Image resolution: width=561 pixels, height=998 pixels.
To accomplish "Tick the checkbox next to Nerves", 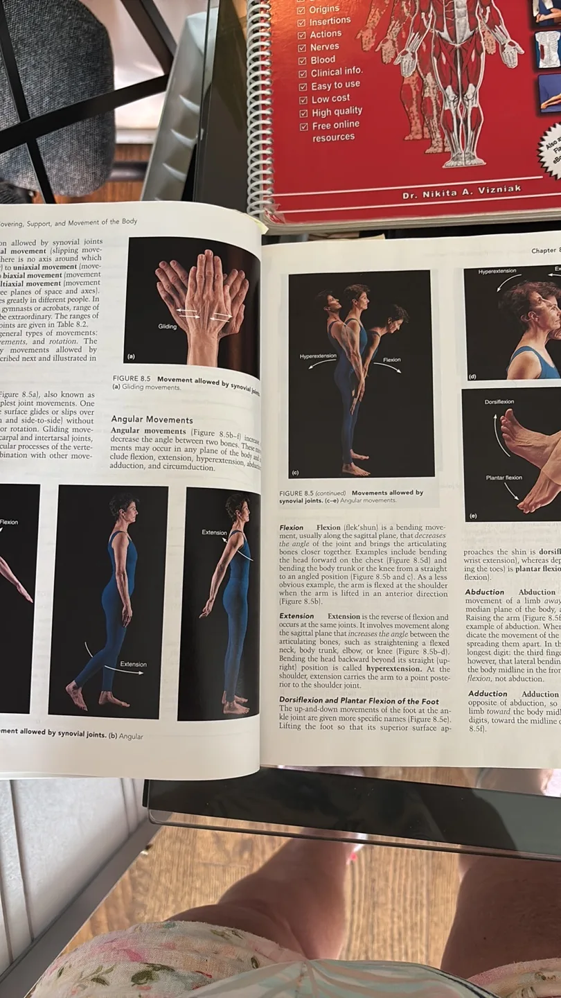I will pos(302,48).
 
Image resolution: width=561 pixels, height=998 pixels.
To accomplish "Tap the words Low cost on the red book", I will pos(330,98).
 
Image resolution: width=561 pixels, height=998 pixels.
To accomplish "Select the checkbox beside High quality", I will pos(303,114).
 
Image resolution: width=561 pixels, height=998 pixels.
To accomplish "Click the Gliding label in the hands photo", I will pos(167,326).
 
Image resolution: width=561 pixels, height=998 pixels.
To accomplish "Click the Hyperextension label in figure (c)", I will pos(318,356).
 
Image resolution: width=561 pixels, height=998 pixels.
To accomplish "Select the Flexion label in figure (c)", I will pos(391,360).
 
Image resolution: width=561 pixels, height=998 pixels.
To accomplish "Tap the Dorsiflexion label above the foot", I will pos(499,402).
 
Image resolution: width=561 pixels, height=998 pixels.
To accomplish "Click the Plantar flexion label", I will pos(504,478).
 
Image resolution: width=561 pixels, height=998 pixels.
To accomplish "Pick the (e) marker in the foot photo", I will pos(472,516).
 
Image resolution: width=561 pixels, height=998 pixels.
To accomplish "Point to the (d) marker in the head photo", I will pos(472,376).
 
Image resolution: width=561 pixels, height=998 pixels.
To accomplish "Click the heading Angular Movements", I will pos(152,419).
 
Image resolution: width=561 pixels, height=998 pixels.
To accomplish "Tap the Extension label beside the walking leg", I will pos(133,664).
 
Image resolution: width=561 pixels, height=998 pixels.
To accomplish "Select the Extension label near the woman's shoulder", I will pos(214,532).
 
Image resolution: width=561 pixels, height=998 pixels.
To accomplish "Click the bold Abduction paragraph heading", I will pos(485,592).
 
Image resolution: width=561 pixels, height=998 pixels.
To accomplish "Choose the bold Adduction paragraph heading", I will pos(488,694).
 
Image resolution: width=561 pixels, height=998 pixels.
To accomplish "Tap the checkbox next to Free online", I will pos(303,127).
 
